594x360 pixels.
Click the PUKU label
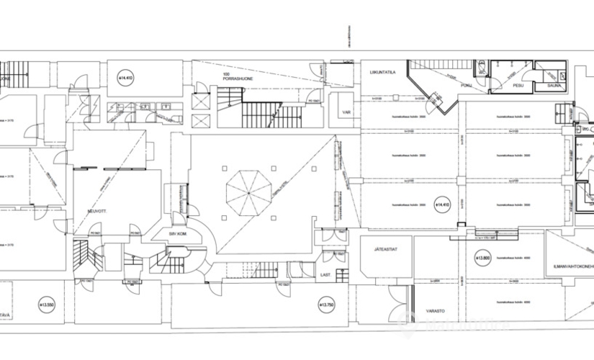(467, 85)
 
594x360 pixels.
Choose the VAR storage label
(347, 112)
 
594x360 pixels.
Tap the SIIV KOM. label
(179, 234)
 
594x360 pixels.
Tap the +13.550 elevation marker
(47, 305)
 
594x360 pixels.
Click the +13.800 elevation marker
(482, 257)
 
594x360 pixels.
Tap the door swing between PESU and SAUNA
(535, 76)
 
